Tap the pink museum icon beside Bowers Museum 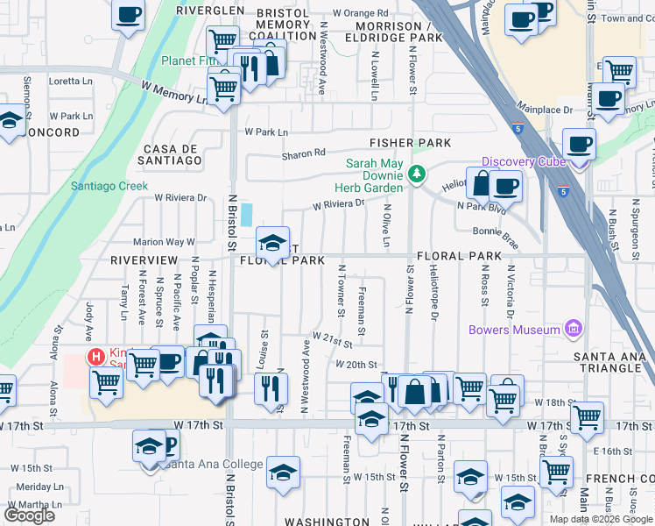[x=574, y=329]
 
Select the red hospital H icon [x=95, y=357]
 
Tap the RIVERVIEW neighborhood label [x=144, y=260]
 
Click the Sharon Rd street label [x=303, y=154]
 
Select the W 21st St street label [x=332, y=338]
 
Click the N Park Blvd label [x=482, y=207]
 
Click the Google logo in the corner [x=30, y=515]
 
